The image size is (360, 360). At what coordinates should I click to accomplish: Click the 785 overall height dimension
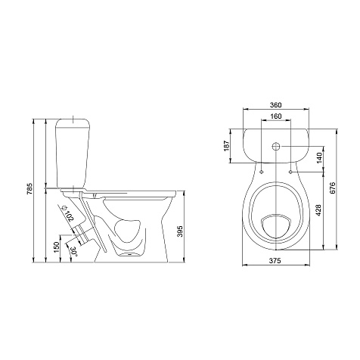tap(29, 189)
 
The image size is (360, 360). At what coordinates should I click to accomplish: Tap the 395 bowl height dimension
tap(180, 231)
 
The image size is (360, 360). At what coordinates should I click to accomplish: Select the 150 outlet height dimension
tap(57, 247)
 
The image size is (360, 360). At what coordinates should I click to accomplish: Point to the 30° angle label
tap(74, 252)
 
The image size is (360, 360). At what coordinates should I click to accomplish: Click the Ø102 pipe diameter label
tap(67, 214)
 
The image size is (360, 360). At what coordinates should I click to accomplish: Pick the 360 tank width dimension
tap(275, 105)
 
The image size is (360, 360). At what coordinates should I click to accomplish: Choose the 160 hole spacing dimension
tap(276, 116)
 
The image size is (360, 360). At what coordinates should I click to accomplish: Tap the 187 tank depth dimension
tap(226, 145)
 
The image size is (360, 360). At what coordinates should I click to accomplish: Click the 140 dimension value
tap(319, 158)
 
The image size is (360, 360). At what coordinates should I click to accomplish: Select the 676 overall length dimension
tap(333, 188)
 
